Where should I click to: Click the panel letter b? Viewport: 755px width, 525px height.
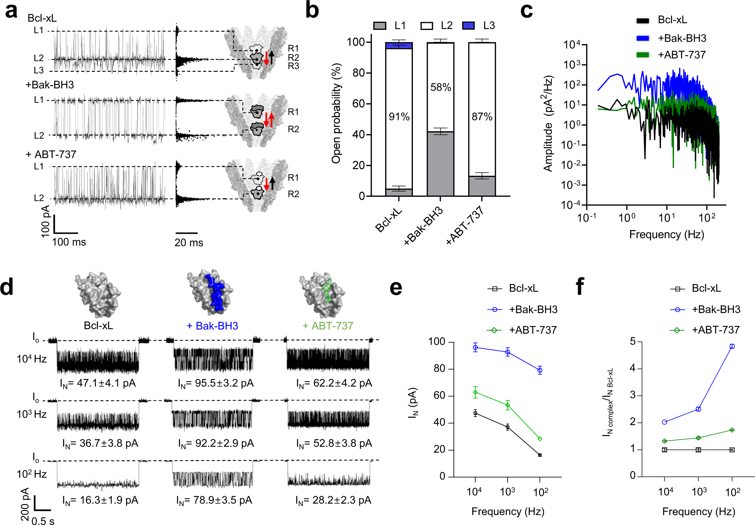coord(312,11)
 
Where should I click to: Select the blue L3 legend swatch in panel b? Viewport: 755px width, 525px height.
coord(468,25)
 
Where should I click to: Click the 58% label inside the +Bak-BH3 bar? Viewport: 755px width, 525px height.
coord(441,87)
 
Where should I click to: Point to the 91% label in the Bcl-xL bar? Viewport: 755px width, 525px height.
coord(399,117)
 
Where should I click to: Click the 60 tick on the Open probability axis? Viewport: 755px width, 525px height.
coord(359,104)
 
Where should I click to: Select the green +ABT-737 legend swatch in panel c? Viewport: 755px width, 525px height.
coord(643,55)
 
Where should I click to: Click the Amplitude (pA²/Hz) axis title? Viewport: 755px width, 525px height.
coord(548,124)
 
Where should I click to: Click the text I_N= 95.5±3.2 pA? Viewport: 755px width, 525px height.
coord(216,383)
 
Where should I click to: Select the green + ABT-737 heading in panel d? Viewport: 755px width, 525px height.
coord(328,326)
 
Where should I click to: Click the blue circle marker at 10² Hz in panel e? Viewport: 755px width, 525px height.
coord(540,370)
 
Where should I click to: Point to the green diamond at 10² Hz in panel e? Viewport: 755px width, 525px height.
coord(540,439)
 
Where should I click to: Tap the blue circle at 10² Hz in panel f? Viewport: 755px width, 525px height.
coord(732,346)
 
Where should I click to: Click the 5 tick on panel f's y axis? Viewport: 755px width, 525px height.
coord(633,342)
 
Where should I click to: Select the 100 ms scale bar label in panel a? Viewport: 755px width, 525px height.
coord(69,242)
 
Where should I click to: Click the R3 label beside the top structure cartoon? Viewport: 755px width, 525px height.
coord(293,66)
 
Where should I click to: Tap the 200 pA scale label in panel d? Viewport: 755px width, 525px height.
coord(25,504)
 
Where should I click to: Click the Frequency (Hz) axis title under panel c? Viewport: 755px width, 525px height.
coord(666,234)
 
